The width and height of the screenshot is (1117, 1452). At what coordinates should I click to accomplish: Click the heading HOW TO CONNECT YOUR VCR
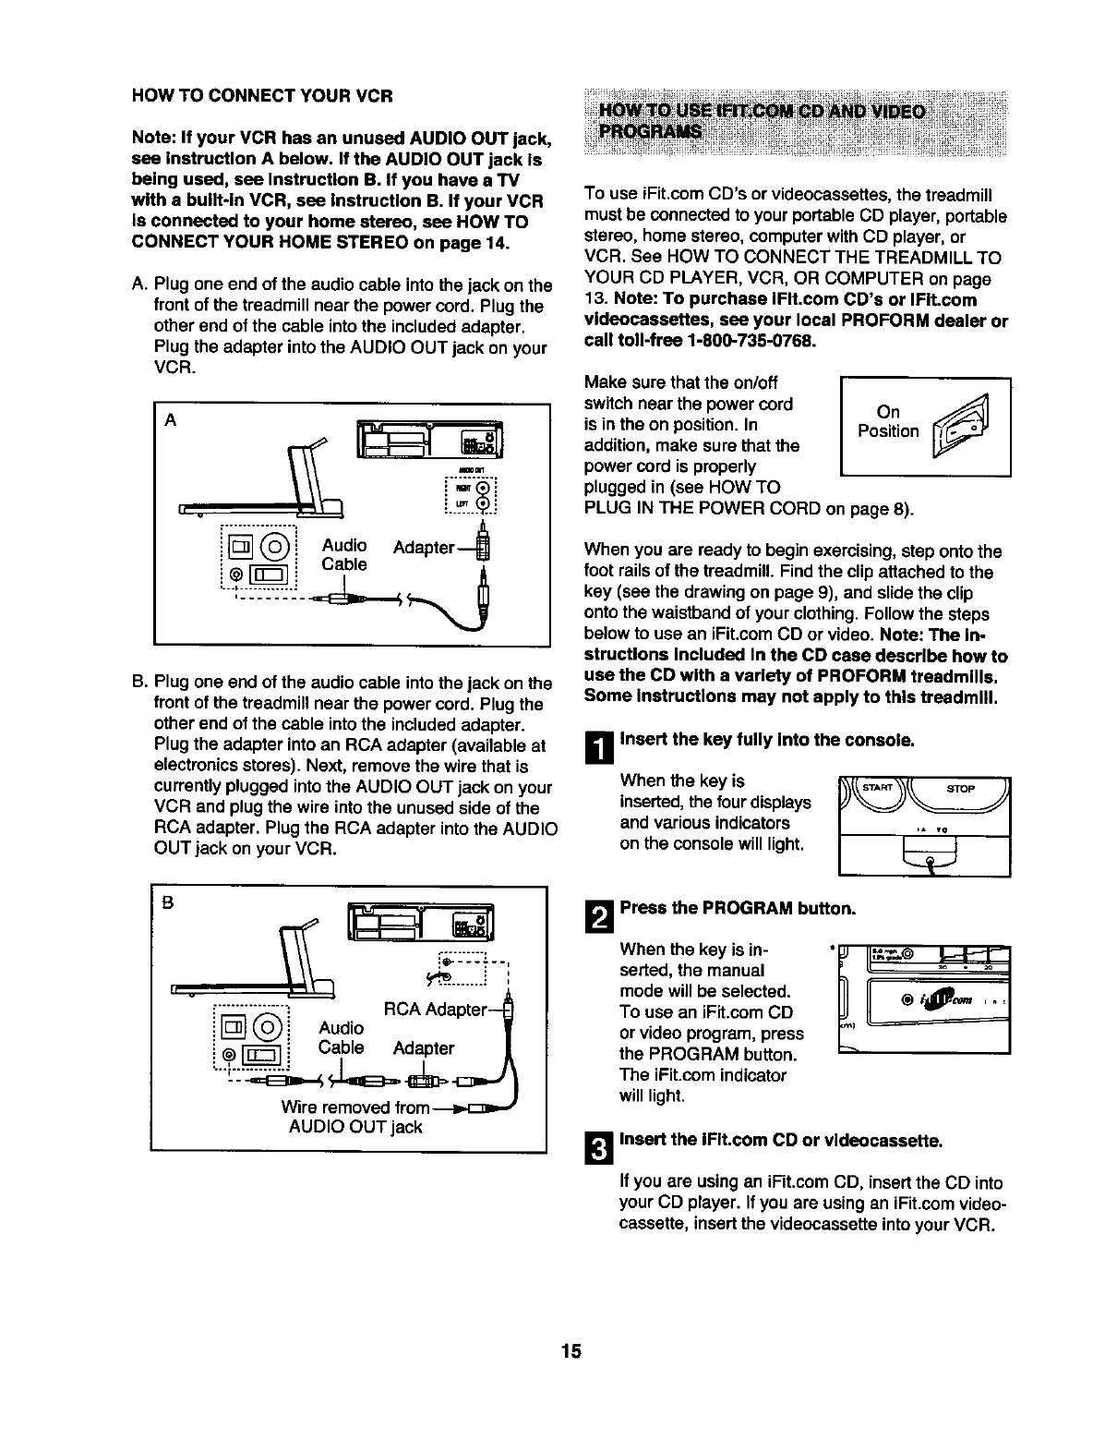[x=263, y=96]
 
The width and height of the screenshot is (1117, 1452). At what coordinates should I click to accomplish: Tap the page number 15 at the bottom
[x=570, y=1351]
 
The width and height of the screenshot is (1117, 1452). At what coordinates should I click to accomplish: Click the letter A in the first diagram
[x=170, y=420]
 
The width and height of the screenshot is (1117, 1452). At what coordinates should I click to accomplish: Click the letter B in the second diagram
[x=168, y=904]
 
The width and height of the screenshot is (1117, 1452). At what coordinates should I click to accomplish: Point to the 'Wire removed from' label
[x=355, y=1107]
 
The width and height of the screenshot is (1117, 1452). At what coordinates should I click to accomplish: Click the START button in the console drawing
[x=877, y=788]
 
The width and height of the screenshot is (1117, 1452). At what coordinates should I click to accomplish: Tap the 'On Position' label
[x=887, y=422]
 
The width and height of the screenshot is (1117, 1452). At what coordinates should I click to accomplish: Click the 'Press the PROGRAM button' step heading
[x=738, y=908]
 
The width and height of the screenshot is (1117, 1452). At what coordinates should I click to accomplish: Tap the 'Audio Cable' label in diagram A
[x=343, y=554]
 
